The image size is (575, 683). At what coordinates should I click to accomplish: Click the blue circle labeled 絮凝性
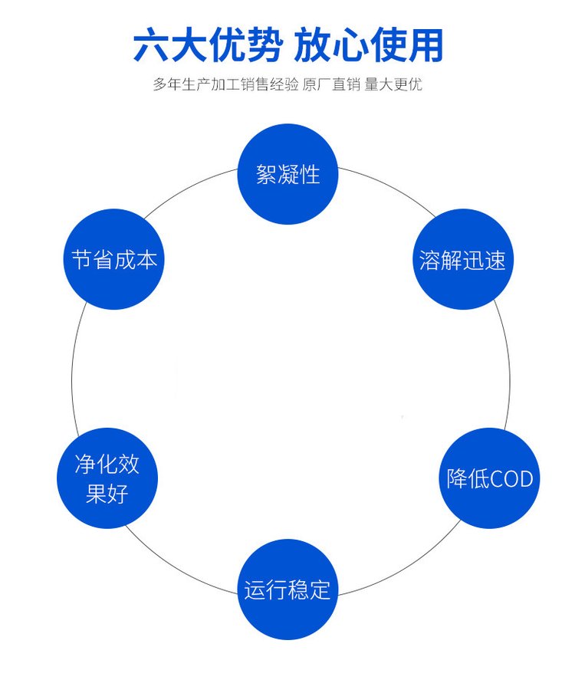[287, 174]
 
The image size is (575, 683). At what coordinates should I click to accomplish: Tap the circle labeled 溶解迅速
[462, 260]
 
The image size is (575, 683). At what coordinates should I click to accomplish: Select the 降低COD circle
[489, 478]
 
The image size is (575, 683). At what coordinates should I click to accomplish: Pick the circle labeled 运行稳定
[287, 589]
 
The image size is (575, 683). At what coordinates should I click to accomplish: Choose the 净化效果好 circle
[107, 478]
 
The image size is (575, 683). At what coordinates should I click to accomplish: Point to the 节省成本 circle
[114, 260]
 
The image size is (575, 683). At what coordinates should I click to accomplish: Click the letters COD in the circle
[511, 479]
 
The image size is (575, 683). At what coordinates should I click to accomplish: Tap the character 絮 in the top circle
[266, 175]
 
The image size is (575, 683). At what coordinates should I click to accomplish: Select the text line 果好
[107, 494]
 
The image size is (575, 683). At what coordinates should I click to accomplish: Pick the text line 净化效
[107, 464]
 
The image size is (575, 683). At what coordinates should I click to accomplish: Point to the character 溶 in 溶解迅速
[430, 261]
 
